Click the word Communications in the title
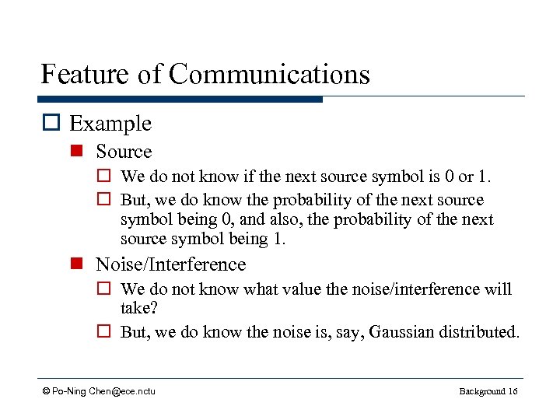coord(269,75)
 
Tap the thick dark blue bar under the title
coord(179,100)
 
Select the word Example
coord(110,124)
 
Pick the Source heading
coord(124,152)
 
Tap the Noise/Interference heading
coord(170,264)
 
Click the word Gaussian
coord(405,332)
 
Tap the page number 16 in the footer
coord(512,391)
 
